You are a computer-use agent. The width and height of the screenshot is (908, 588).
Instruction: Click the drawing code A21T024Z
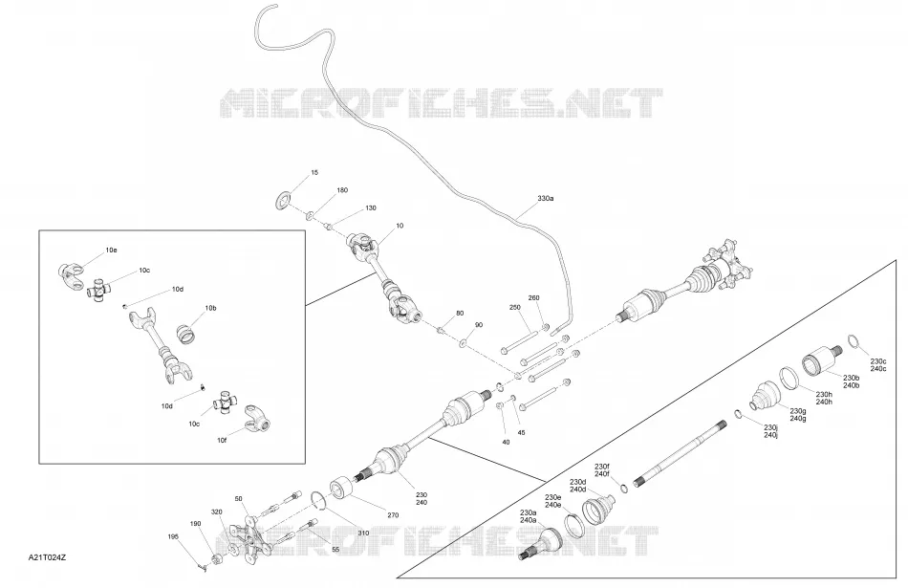click(x=48, y=557)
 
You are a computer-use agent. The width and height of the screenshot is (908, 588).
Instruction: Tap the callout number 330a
click(x=545, y=198)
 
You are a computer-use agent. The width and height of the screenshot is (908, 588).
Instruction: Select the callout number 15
click(x=314, y=173)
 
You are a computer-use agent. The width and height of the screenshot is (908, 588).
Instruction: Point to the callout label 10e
click(x=111, y=250)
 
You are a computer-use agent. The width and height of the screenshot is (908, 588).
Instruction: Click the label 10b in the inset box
click(x=210, y=308)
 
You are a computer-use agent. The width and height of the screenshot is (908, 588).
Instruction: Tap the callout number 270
click(x=393, y=515)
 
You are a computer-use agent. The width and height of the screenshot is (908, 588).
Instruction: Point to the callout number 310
click(x=363, y=533)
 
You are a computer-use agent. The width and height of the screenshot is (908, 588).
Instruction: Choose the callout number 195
click(x=173, y=536)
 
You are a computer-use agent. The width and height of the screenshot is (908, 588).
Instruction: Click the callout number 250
click(x=515, y=308)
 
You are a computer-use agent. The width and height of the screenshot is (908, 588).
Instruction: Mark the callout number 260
click(x=534, y=297)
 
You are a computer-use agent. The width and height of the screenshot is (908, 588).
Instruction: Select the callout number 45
click(x=521, y=432)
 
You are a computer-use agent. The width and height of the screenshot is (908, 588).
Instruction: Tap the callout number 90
click(x=478, y=325)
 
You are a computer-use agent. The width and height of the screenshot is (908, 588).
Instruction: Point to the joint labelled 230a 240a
click(x=541, y=545)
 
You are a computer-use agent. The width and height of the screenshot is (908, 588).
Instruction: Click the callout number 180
click(x=342, y=190)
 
